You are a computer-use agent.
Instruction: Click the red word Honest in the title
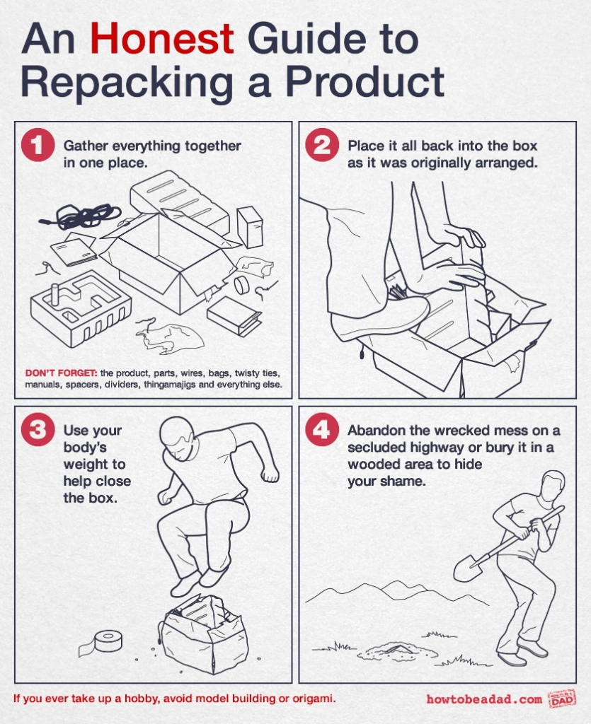click(161, 40)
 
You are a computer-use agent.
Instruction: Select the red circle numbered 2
click(321, 146)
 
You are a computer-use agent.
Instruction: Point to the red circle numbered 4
click(321, 431)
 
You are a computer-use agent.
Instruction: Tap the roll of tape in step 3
click(107, 641)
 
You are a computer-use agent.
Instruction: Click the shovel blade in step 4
click(467, 566)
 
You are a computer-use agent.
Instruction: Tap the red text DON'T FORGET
click(60, 373)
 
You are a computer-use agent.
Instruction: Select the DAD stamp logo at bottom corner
click(562, 699)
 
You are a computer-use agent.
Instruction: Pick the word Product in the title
click(365, 83)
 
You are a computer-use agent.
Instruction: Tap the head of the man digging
click(552, 486)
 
